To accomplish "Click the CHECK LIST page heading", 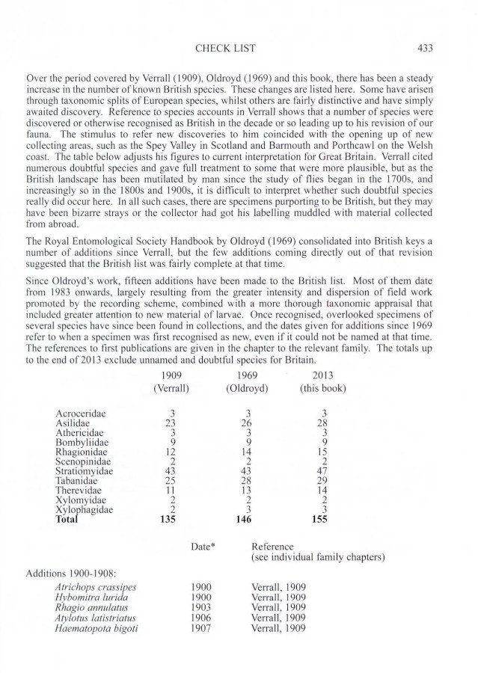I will [x=224, y=49].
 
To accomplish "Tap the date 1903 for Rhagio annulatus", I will [x=202, y=607].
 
